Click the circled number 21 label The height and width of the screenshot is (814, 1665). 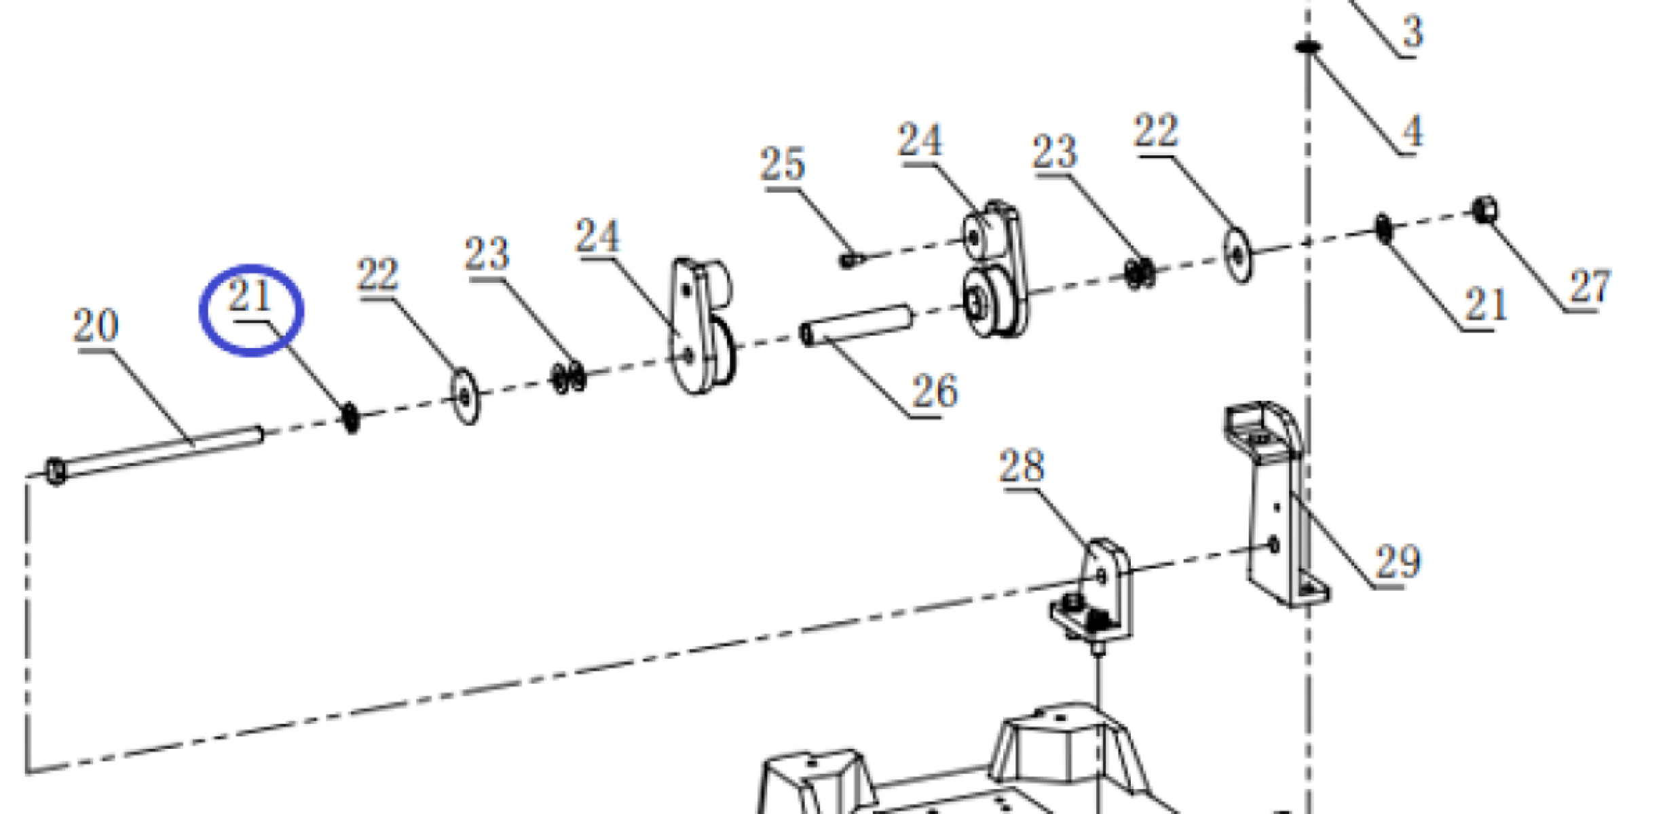249,296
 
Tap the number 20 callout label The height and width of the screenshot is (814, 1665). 96,326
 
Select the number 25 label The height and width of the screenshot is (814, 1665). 782,164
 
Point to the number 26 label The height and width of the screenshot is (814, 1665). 935,391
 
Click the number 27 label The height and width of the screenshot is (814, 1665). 1590,287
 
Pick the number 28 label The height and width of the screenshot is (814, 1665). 1022,467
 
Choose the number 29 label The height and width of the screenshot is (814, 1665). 1398,562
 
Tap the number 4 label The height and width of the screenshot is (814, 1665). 1412,131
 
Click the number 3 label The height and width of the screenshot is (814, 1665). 1413,32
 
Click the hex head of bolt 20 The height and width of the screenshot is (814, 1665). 56,471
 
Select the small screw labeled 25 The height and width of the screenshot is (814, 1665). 851,259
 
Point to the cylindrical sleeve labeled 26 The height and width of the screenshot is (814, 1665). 857,325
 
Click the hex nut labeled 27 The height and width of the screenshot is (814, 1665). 1485,210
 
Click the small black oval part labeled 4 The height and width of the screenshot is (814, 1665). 1307,47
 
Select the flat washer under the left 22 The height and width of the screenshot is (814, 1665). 465,396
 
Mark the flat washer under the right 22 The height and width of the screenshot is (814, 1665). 1239,255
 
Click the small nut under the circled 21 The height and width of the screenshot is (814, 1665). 350,417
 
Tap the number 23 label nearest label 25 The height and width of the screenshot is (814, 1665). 1054,152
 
